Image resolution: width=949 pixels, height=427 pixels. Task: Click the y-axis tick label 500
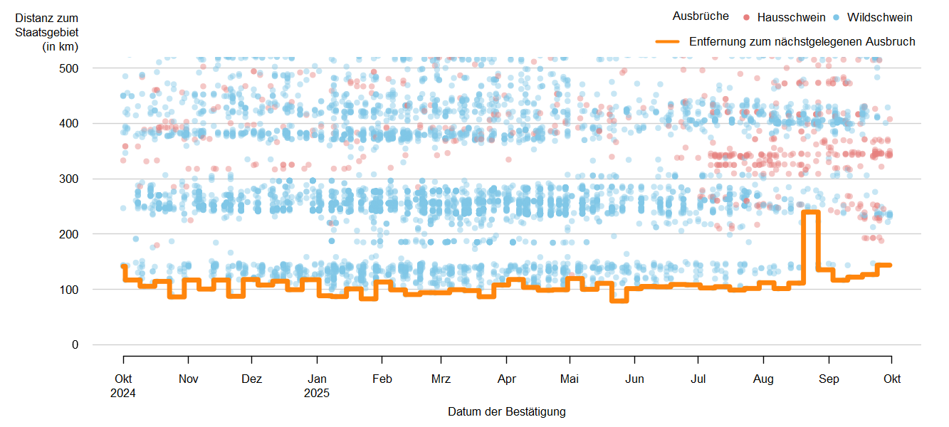coord(70,68)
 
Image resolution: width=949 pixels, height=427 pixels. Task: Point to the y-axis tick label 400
coord(70,124)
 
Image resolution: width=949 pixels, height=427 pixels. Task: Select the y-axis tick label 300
coord(70,179)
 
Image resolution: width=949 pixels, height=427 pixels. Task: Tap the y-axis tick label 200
coord(70,234)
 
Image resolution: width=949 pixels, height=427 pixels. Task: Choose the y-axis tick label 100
coord(70,290)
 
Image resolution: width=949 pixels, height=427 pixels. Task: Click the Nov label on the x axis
coord(188,379)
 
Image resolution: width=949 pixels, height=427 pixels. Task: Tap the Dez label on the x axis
coord(252,379)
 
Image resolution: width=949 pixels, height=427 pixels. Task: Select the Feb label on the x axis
coord(382,379)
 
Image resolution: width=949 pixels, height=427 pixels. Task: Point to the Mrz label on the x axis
coord(441,379)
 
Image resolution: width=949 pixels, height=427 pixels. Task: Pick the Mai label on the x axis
coord(570,379)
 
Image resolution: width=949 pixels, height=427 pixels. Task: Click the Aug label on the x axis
coord(764,379)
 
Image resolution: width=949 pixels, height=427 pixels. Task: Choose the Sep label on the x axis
coord(829,379)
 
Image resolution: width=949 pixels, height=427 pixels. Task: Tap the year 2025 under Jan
coord(317,392)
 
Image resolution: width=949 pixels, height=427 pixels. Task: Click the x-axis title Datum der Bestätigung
coord(506,412)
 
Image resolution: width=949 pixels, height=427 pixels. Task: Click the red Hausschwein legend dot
coord(746,17)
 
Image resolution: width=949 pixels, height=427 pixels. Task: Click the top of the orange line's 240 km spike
coord(811,212)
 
